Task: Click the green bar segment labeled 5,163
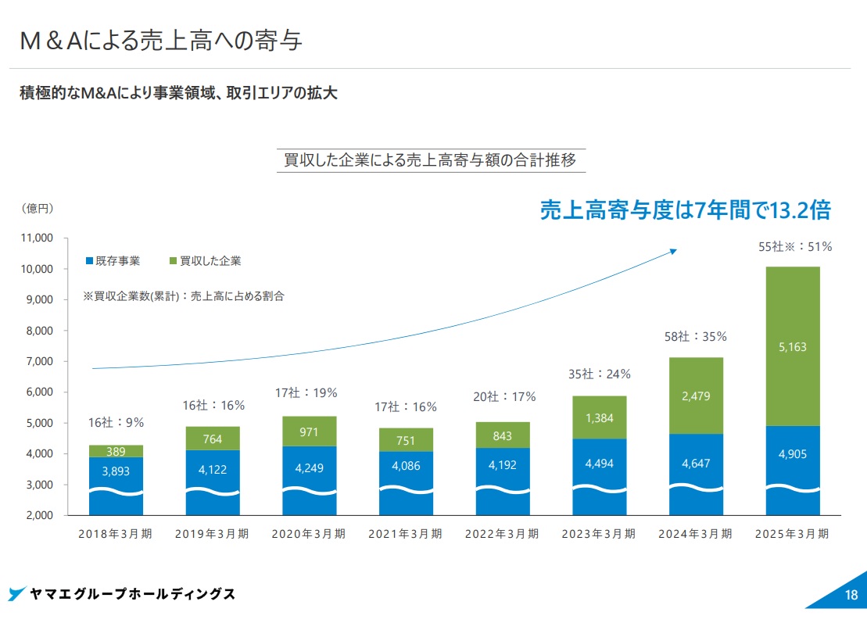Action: tap(793, 346)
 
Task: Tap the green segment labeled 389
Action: tap(116, 451)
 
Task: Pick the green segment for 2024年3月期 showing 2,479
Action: tap(696, 396)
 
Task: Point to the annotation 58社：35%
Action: tap(697, 337)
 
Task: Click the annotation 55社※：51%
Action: tap(795, 247)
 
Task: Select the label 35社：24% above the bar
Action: tap(599, 374)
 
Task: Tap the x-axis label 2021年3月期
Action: tap(405, 535)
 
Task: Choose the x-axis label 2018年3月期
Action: tap(116, 535)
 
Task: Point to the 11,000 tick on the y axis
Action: tap(37, 238)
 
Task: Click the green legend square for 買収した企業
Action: tap(173, 261)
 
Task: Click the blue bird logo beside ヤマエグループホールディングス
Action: tap(17, 594)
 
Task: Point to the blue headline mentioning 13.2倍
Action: tap(685, 209)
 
